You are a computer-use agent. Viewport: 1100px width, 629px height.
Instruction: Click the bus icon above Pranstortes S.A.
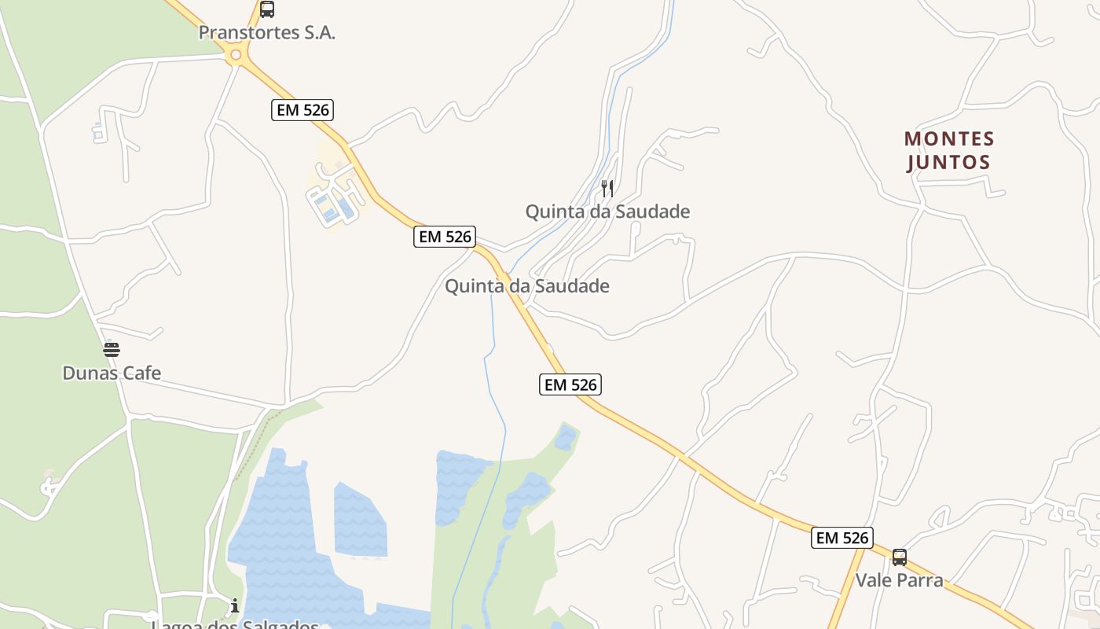pyautogui.click(x=267, y=9)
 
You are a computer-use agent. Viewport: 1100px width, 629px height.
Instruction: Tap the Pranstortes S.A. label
pyautogui.click(x=266, y=33)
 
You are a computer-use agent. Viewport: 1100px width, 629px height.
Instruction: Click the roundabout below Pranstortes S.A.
pyautogui.click(x=234, y=55)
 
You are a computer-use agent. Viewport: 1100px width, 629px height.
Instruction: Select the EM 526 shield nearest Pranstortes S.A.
pyautogui.click(x=302, y=110)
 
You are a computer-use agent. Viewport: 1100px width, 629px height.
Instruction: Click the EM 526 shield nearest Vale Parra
pyautogui.click(x=842, y=538)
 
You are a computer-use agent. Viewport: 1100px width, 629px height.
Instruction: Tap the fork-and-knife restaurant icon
pyautogui.click(x=607, y=189)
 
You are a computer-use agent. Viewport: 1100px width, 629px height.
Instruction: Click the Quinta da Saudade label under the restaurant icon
pyautogui.click(x=607, y=212)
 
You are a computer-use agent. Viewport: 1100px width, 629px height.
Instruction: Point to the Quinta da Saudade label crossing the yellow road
pyautogui.click(x=526, y=286)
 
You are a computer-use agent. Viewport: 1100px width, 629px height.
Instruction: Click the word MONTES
pyautogui.click(x=949, y=139)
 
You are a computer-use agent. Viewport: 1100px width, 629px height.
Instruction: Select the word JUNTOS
pyautogui.click(x=948, y=163)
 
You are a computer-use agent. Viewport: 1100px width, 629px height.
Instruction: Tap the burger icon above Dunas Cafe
pyautogui.click(x=112, y=349)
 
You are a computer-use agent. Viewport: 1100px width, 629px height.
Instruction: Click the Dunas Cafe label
pyautogui.click(x=112, y=373)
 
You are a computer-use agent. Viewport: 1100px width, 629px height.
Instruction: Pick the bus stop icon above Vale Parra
pyautogui.click(x=900, y=557)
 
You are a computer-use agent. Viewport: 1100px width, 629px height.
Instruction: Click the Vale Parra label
pyautogui.click(x=899, y=580)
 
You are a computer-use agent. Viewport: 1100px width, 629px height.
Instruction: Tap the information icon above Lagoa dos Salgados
pyautogui.click(x=234, y=605)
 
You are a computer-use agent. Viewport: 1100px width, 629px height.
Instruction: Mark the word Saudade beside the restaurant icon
pyautogui.click(x=653, y=212)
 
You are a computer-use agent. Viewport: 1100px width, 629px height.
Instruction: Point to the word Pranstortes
pyautogui.click(x=247, y=33)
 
